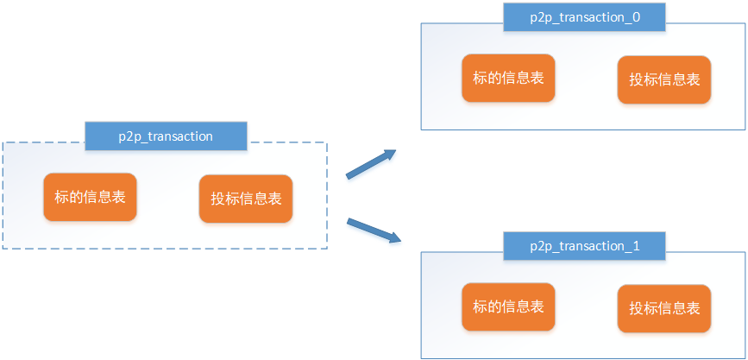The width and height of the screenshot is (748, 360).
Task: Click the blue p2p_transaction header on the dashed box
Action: click(166, 136)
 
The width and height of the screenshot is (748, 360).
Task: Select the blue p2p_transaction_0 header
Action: click(584, 17)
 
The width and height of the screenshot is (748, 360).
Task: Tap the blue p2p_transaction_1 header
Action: click(584, 246)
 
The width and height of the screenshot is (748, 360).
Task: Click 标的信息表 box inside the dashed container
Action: click(91, 197)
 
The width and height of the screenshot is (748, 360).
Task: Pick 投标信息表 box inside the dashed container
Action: click(246, 199)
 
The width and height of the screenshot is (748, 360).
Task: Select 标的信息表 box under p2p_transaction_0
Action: click(508, 78)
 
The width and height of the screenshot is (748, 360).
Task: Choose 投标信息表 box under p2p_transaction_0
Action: click(664, 79)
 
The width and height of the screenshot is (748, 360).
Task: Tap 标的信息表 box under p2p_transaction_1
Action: click(508, 306)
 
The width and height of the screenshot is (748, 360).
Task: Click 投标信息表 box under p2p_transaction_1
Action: click(664, 308)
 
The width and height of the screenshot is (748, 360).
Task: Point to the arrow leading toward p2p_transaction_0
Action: click(371, 164)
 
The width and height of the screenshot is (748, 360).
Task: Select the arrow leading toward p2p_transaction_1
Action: click(374, 231)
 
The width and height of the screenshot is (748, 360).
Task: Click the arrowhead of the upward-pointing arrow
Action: click(390, 155)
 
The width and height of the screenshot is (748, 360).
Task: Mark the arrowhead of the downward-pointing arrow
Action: click(394, 237)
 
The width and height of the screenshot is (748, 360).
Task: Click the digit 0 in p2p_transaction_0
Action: click(636, 17)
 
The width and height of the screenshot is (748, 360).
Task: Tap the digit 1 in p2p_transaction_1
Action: click(636, 246)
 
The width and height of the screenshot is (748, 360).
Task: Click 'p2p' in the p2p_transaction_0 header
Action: click(540, 19)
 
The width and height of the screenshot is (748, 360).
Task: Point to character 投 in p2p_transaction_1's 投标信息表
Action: click(637, 308)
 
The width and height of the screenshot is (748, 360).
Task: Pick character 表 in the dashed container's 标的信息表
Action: click(118, 197)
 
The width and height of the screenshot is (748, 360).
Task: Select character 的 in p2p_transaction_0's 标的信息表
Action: click(494, 78)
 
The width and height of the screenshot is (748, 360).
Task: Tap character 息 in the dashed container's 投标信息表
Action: click(260, 199)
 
